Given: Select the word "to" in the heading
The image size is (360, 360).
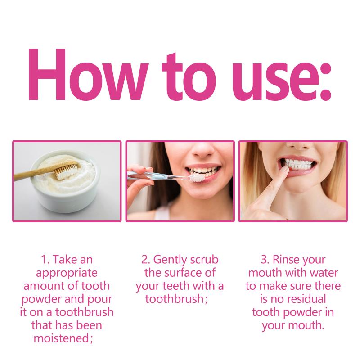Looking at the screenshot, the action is tap(189, 76).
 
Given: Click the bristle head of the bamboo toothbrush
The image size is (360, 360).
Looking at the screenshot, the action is tap(67, 170).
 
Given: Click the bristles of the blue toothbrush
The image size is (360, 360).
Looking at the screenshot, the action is tap(197, 177).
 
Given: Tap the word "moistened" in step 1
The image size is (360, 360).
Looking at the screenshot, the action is tap(61, 338).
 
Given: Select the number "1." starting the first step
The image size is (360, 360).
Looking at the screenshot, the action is tap(45, 260).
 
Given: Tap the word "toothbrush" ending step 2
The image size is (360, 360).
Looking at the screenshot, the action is tap(175, 299).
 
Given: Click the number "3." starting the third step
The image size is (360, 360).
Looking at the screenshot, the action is tap(265, 260).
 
